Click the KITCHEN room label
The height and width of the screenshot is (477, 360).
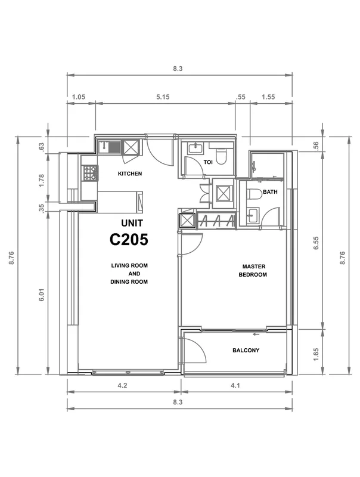(x=130, y=174)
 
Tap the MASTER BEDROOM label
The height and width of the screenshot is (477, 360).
(x=253, y=271)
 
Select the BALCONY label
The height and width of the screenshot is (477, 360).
(x=246, y=351)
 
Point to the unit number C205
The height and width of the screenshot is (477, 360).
(x=129, y=240)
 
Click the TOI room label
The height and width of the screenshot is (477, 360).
(x=208, y=162)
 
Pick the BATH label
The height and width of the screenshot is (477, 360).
(x=270, y=192)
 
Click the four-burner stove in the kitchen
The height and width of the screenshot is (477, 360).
(x=90, y=173)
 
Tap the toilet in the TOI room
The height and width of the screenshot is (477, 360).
(x=221, y=155)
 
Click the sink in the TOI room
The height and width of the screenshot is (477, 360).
(x=195, y=148)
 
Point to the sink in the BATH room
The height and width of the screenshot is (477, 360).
(x=252, y=216)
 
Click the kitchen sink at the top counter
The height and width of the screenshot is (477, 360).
(x=110, y=147)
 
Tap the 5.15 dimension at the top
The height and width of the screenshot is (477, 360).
(x=163, y=97)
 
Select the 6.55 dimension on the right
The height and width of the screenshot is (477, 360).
(x=316, y=243)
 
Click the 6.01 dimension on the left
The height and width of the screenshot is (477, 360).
(x=42, y=295)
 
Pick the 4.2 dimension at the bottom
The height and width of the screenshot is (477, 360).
(x=122, y=386)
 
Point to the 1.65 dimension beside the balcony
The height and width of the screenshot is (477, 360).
(x=316, y=355)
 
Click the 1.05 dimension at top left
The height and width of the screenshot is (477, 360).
(x=79, y=97)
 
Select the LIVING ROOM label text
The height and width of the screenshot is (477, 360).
(x=129, y=265)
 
